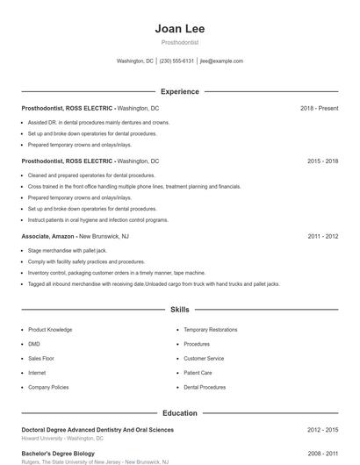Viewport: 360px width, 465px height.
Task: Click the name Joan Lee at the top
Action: tap(180, 28)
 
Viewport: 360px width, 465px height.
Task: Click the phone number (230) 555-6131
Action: tap(176, 61)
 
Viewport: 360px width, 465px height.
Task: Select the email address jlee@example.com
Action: tap(222, 61)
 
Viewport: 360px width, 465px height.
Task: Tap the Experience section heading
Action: tap(180, 91)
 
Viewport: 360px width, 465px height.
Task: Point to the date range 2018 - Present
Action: tap(319, 108)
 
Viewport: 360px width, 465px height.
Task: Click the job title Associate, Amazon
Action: tap(48, 236)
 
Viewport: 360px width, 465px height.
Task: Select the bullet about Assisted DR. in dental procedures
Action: tap(98, 122)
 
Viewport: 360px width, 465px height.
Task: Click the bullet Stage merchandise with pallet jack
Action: tap(68, 250)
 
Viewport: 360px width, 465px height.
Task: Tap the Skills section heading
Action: tap(180, 310)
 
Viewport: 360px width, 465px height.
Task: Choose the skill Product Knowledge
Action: tap(50, 330)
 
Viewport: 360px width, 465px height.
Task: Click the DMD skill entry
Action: tap(34, 344)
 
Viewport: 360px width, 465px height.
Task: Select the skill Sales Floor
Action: tap(41, 358)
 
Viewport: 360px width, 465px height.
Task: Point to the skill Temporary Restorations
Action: tap(210, 330)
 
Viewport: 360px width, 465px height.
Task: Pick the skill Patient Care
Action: tap(198, 372)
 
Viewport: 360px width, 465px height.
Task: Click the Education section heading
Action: tap(180, 412)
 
